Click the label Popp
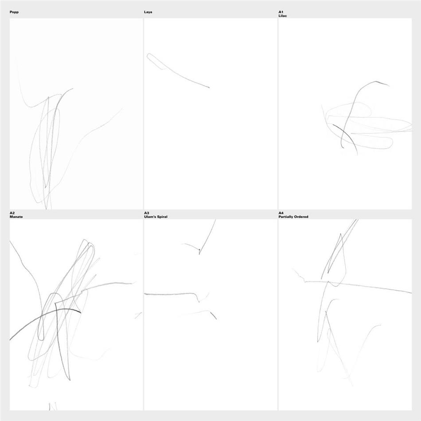click(x=14, y=12)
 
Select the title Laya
click(x=148, y=12)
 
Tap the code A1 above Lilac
click(x=281, y=12)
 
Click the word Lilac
click(x=282, y=16)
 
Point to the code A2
click(x=12, y=213)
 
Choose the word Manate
click(x=16, y=217)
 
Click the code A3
click(x=147, y=213)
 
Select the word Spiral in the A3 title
click(x=162, y=217)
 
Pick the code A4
click(x=281, y=213)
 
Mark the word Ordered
click(x=301, y=217)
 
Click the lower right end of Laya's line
click(x=209, y=88)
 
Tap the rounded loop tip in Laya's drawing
click(x=148, y=55)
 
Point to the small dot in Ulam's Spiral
click(x=199, y=249)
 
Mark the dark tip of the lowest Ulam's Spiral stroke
click(x=216, y=319)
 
